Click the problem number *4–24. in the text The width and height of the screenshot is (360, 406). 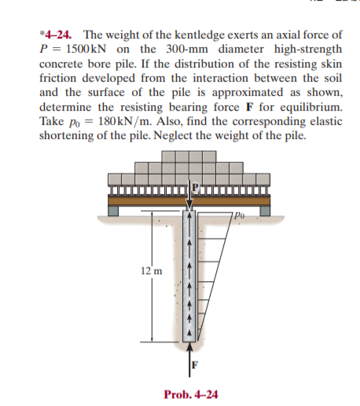[x=57, y=35]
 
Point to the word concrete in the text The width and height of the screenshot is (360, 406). [x=62, y=64]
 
